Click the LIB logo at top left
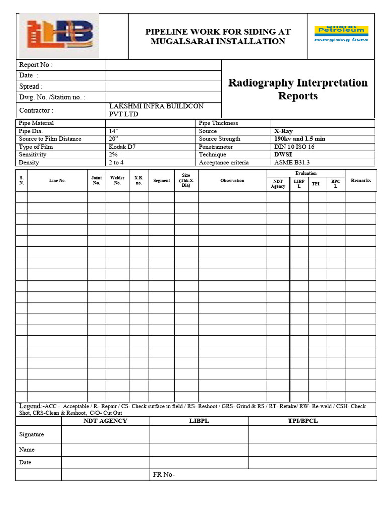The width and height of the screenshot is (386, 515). (59, 35)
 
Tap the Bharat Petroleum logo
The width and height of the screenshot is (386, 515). (341, 34)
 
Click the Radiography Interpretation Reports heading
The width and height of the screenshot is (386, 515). (298, 89)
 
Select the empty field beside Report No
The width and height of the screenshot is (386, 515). (163, 65)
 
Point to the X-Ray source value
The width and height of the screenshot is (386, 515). (283, 131)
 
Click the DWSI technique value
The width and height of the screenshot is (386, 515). (283, 155)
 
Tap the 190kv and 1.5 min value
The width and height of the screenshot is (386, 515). (300, 139)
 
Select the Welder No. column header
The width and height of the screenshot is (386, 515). (117, 180)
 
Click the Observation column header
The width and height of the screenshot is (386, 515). (232, 180)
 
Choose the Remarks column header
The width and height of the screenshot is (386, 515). (361, 180)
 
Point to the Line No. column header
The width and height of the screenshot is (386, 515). (57, 180)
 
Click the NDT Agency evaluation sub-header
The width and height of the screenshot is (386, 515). (278, 184)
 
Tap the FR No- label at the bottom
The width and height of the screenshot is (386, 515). (163, 475)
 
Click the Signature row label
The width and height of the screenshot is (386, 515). (31, 434)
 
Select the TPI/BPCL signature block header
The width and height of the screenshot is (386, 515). (313, 421)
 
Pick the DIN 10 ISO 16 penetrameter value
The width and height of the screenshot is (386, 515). (295, 147)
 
